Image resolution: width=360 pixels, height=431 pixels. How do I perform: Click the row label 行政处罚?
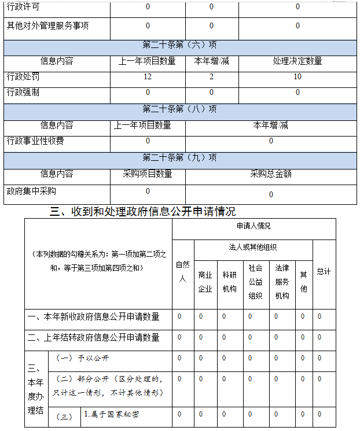[24, 76]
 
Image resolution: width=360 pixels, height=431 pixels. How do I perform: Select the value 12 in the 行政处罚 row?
[148, 76]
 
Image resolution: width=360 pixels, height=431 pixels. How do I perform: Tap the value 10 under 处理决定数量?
[297, 76]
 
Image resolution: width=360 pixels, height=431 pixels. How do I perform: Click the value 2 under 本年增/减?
[211, 76]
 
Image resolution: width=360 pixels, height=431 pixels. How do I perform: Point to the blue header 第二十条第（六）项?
[180, 45]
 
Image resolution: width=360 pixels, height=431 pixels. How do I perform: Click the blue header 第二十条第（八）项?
[180, 109]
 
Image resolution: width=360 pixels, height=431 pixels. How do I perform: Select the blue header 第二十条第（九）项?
[180, 157]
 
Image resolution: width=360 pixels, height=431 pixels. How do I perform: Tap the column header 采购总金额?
[270, 173]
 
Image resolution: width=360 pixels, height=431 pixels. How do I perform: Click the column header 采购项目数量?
[148, 173]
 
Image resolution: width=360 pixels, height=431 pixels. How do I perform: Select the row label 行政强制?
[24, 92]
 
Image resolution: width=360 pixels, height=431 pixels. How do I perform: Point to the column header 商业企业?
[205, 282]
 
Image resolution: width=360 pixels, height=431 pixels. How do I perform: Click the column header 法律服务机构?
[282, 282]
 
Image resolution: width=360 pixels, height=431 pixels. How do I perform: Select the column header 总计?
[324, 272]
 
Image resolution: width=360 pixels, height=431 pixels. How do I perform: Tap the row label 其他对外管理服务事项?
[48, 25]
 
